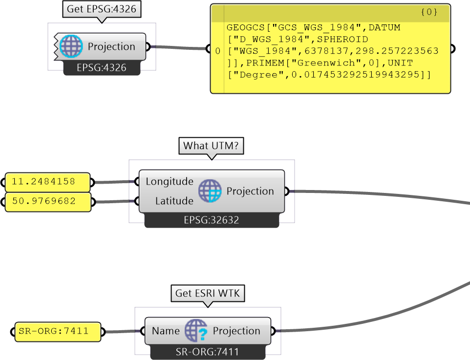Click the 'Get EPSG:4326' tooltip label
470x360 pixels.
(x=101, y=9)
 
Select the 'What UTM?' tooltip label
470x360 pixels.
(x=212, y=146)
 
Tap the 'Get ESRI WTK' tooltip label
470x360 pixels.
(x=208, y=293)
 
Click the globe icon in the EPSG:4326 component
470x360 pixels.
(x=71, y=46)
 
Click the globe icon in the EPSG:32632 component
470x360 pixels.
(x=210, y=191)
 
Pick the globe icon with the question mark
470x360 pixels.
(x=196, y=331)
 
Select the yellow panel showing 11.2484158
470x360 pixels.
(x=48, y=182)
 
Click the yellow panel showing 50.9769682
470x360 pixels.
(x=48, y=202)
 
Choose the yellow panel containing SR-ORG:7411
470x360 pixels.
(x=57, y=332)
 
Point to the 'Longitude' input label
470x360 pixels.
(x=170, y=182)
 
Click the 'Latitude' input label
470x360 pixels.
(x=174, y=201)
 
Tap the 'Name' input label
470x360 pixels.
(x=166, y=331)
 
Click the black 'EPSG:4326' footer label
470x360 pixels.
(x=102, y=68)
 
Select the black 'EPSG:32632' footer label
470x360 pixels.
(x=211, y=220)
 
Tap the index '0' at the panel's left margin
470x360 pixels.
(x=217, y=51)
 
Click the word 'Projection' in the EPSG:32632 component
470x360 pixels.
(x=250, y=191)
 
